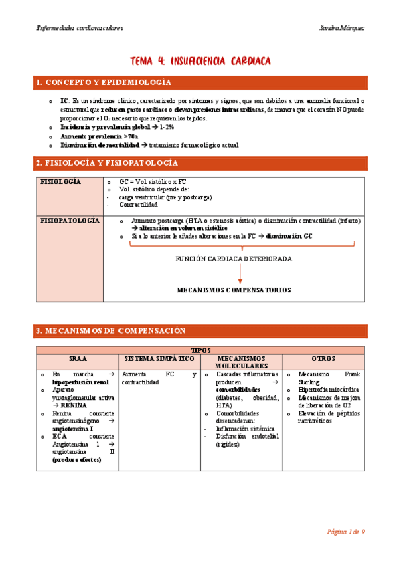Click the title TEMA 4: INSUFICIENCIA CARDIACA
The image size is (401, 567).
[200, 61]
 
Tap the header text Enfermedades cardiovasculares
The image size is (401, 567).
[78, 28]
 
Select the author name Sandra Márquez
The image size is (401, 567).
[343, 28]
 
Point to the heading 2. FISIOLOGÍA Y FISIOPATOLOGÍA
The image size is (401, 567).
[107, 163]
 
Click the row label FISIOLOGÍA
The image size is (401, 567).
[61, 182]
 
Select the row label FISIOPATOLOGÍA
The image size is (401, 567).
[70, 220]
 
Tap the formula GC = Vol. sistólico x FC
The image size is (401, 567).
[153, 182]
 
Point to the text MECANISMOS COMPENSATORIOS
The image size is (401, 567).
[234, 290]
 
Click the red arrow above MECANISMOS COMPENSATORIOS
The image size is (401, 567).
[234, 274]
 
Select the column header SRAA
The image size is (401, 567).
[77, 359]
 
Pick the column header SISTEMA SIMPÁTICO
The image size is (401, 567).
[159, 359]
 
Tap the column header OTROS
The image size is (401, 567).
[323, 359]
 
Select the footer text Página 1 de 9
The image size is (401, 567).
[345, 532]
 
